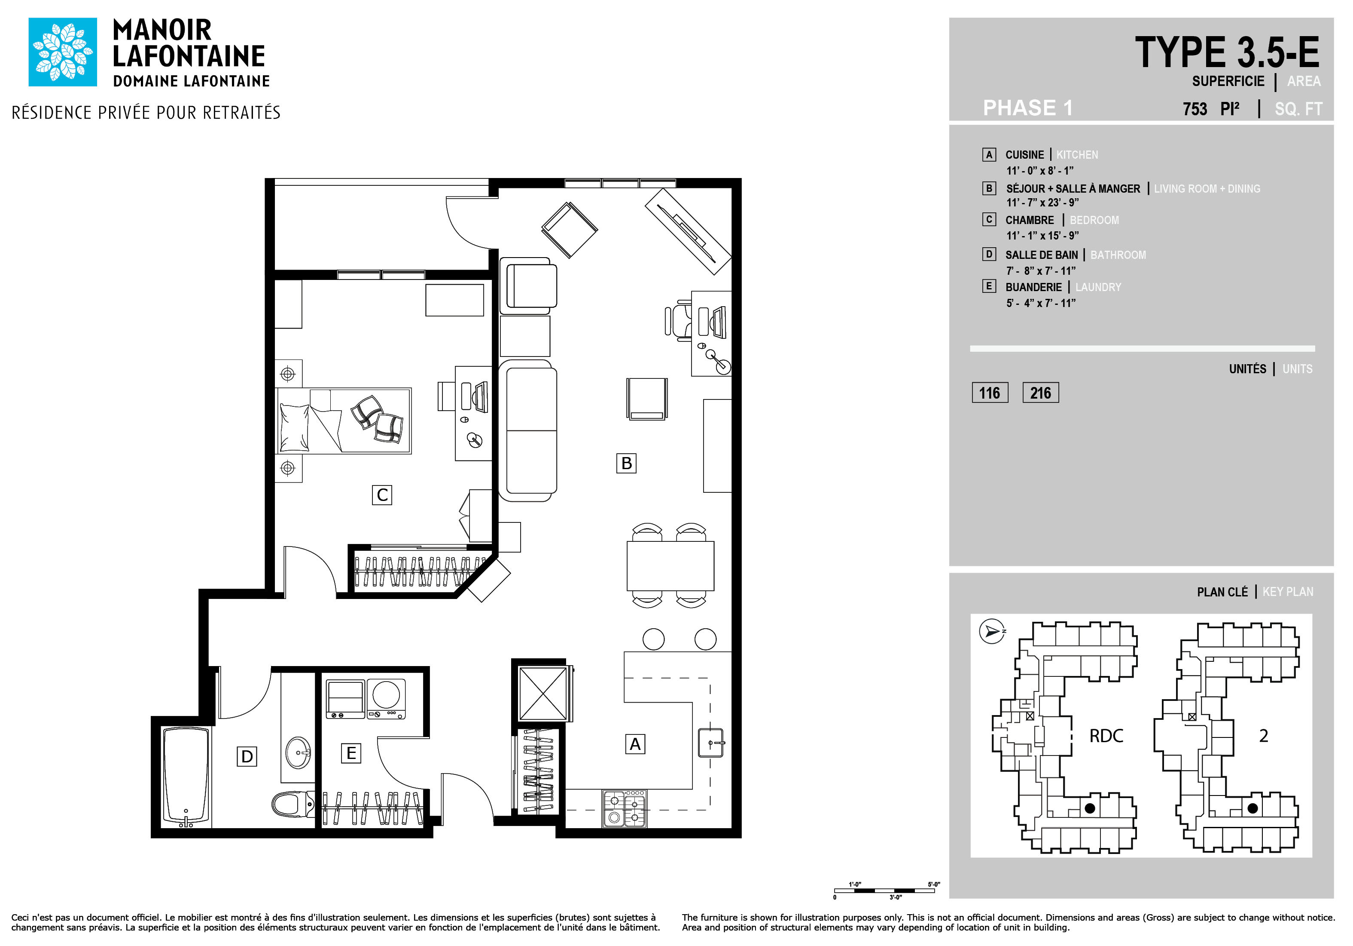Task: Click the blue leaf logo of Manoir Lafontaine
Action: (62, 52)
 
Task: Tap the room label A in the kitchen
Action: (635, 744)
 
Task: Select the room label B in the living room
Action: (626, 463)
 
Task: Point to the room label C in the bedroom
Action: (382, 495)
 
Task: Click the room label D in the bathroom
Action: (247, 756)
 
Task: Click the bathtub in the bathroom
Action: (186, 776)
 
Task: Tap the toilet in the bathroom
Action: (293, 803)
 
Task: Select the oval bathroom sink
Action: (299, 752)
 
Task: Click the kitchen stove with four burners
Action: (625, 808)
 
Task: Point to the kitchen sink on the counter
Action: (711, 743)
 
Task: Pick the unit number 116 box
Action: (990, 393)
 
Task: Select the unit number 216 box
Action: (1041, 393)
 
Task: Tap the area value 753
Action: (1195, 109)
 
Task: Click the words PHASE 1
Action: (1028, 108)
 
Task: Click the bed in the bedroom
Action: (344, 421)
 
